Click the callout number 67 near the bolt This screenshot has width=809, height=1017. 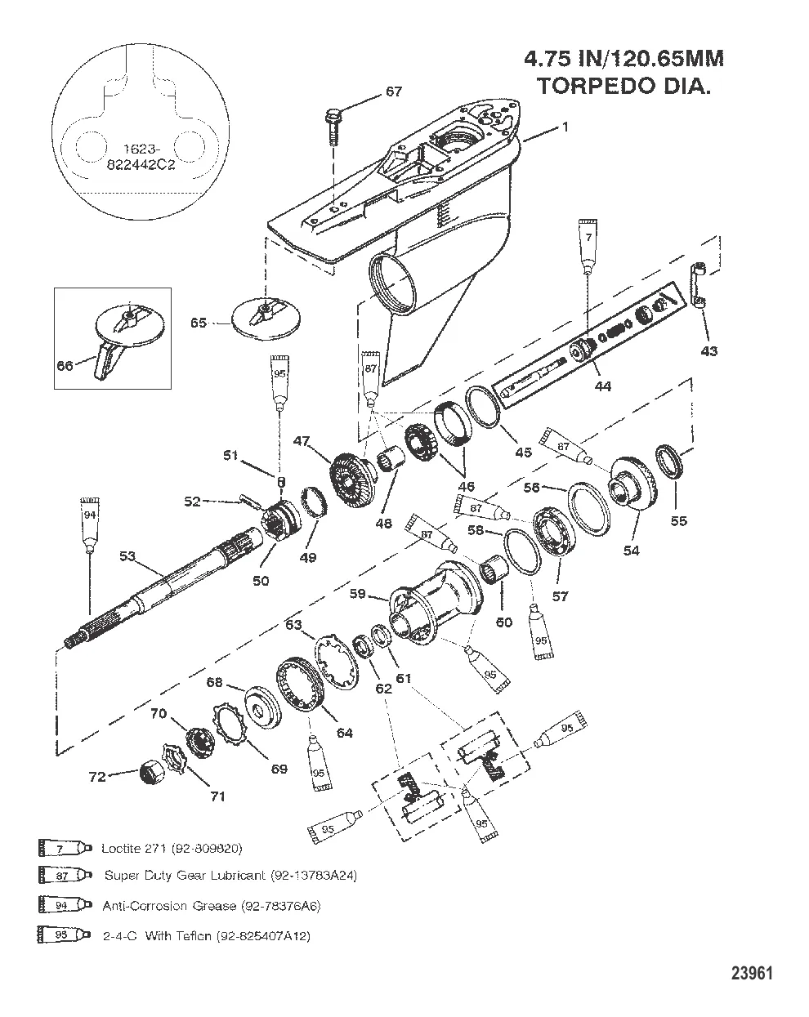pos(393,91)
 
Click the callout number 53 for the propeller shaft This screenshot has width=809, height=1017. pos(127,557)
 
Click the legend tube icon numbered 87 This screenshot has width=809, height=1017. pos(60,876)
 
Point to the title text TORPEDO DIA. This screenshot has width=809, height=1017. pos(624,87)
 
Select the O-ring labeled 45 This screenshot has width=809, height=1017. pos(483,408)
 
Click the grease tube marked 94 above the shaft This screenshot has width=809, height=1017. pos(88,521)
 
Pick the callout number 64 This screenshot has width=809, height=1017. pos(344,733)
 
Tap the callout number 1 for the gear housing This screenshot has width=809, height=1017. pos(564,127)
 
